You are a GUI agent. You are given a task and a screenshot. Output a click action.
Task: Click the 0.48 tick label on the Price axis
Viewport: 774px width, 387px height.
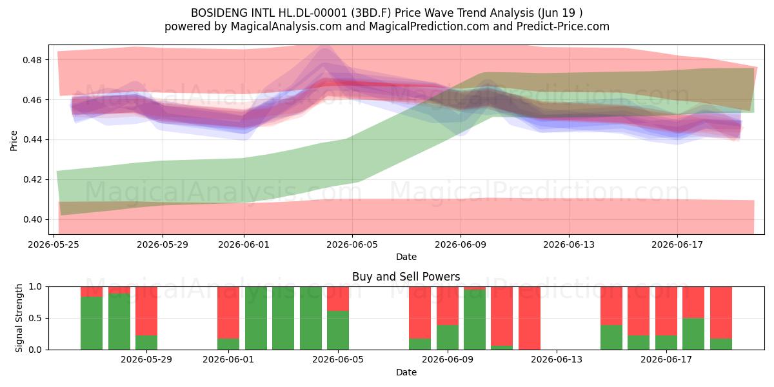(x=32, y=60)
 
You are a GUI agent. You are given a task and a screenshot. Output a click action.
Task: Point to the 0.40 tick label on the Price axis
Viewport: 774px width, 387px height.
(x=32, y=220)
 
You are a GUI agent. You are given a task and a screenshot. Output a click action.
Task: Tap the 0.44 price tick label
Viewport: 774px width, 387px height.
(x=32, y=140)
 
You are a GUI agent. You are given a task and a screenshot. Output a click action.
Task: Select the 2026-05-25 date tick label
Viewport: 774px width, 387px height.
(x=54, y=244)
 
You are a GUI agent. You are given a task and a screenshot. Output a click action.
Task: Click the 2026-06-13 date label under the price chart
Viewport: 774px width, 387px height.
(x=569, y=244)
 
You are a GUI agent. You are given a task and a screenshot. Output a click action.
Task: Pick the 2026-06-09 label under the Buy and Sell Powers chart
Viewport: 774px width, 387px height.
(x=448, y=359)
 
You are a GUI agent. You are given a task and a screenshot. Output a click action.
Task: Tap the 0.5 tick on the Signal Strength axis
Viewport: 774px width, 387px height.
(x=35, y=318)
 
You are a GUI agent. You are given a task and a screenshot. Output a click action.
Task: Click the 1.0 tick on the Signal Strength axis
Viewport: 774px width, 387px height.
(x=35, y=286)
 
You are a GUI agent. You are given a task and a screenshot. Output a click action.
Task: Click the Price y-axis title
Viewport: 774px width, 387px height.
(x=14, y=141)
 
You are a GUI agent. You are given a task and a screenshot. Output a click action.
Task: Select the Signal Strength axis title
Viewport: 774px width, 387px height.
(x=19, y=318)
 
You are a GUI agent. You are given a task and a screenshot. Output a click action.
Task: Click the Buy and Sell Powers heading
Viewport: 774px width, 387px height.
(x=406, y=277)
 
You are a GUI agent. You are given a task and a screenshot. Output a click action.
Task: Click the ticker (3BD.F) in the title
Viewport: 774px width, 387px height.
(x=371, y=13)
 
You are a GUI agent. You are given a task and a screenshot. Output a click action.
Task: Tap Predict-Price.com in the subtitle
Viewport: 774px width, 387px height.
(x=562, y=26)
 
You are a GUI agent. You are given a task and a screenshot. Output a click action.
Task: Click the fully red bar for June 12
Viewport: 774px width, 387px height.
(x=529, y=318)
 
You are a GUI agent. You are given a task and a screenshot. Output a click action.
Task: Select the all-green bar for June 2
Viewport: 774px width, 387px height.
(x=256, y=318)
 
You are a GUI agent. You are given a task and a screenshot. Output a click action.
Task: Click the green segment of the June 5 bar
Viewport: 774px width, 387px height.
(x=338, y=330)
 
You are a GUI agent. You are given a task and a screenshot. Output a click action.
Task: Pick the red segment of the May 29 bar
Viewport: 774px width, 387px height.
(x=146, y=311)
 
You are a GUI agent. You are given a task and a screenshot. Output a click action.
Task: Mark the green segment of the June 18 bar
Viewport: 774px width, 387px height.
(x=693, y=334)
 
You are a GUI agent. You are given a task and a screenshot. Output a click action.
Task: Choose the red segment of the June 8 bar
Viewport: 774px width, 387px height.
(x=420, y=312)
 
